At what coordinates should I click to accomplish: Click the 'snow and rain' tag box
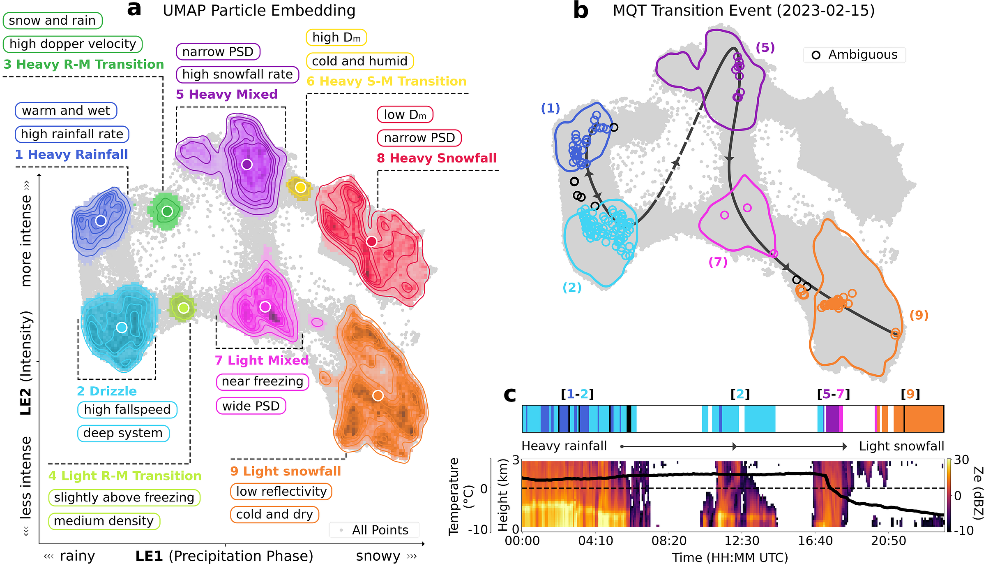[52, 21]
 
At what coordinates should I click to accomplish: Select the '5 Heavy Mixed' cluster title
[227, 94]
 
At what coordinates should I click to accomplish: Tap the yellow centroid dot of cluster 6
[300, 188]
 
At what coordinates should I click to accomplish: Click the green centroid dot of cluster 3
[167, 211]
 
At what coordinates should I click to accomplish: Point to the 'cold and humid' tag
[360, 61]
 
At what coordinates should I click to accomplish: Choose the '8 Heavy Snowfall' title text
[437, 158]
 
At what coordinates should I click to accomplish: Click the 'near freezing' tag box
[263, 382]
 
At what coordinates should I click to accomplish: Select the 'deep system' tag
[123, 433]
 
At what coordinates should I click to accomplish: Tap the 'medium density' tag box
[104, 521]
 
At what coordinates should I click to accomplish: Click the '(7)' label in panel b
[718, 262]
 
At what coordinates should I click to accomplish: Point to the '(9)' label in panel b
[919, 316]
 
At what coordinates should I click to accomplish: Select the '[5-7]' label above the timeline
[834, 394]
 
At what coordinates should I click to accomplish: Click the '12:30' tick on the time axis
[742, 541]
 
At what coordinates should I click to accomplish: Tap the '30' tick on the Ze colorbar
[961, 460]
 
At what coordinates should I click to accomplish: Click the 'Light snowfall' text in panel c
[901, 446]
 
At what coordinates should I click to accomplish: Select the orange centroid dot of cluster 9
[378, 396]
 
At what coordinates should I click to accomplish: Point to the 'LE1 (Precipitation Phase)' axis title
[224, 556]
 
